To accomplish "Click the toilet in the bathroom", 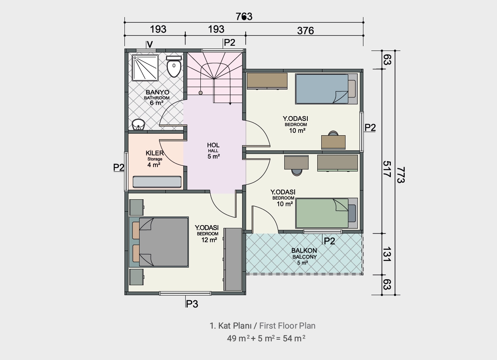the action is [174, 66].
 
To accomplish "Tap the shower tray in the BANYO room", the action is [145, 68].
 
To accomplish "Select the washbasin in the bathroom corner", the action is [138, 125].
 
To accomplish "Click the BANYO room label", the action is [157, 92].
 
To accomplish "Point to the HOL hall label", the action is [213, 145].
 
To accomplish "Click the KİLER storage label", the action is [155, 153].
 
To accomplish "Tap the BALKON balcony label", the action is [304, 251].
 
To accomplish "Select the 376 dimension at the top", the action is [305, 31].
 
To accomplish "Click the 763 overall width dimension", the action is [244, 17].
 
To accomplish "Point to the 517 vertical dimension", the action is [387, 169].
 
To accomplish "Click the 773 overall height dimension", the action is [401, 175].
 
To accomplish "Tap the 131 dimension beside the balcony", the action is [387, 254].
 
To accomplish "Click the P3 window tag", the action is [192, 304].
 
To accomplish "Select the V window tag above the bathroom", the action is [150, 45].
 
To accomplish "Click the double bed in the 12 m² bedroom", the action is [159, 242].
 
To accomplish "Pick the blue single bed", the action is [326, 89].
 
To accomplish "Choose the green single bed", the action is [326, 213].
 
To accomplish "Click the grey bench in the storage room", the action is [157, 182].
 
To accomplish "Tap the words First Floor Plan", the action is [287, 326].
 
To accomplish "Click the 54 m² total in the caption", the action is [294, 338].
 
